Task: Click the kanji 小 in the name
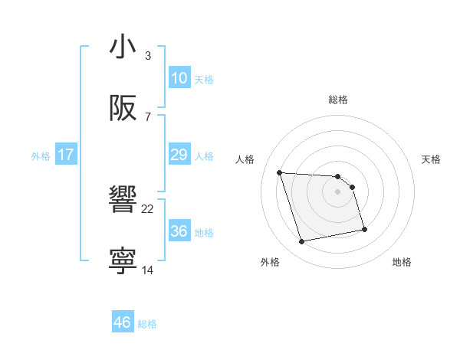tap(123, 47)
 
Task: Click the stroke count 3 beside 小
tap(148, 56)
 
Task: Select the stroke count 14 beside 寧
tap(148, 270)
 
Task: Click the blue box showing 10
tap(179, 78)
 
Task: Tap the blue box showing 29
tap(179, 155)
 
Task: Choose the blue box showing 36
tap(179, 231)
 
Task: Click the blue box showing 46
tap(122, 322)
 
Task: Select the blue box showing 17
tap(66, 155)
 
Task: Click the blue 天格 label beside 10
tap(204, 80)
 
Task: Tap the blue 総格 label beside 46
tap(147, 324)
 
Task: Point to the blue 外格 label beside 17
tap(41, 156)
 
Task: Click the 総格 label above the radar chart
tap(338, 100)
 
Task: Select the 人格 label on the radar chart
tap(245, 159)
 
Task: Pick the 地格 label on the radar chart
tap(402, 262)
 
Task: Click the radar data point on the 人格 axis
tap(280, 172)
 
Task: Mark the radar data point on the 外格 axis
tap(302, 242)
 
